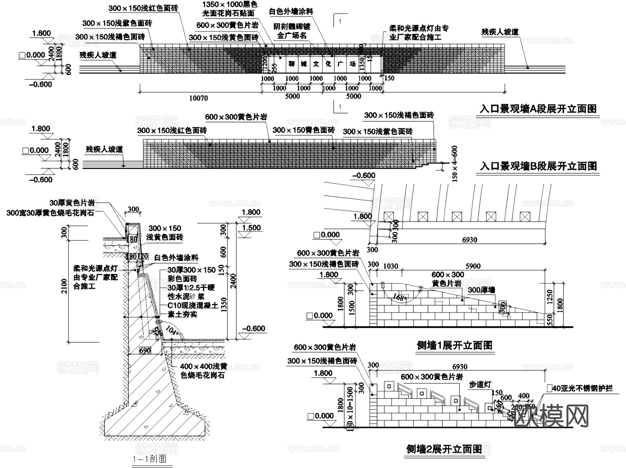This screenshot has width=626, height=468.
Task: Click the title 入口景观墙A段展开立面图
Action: pos(538,109)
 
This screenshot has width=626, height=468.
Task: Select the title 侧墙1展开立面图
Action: pos(455,345)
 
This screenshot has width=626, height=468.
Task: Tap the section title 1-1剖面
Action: pos(150,459)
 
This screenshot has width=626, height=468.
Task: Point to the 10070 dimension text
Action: pos(198,98)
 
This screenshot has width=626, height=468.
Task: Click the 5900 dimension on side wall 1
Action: pos(473,266)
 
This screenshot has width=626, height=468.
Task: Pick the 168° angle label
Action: pos(400,297)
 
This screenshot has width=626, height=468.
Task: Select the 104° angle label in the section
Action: pos(173,330)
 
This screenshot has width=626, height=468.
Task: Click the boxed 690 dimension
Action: pos(145,350)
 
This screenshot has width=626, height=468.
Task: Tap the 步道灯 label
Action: pos(480,384)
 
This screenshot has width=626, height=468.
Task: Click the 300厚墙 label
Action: pos(482,290)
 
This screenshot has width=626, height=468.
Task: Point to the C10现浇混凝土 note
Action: pos(193,305)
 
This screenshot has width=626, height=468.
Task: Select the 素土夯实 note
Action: pos(182,314)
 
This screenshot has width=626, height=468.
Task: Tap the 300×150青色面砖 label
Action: pos(303,130)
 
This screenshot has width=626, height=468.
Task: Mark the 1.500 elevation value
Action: pos(251,228)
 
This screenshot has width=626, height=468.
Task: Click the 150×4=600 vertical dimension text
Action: pos(454,163)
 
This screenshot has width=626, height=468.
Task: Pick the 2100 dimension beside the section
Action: pos(64,286)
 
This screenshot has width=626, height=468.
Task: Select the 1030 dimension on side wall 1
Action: pos(391,266)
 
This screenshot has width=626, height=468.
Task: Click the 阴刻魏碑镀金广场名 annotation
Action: pos(291,31)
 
